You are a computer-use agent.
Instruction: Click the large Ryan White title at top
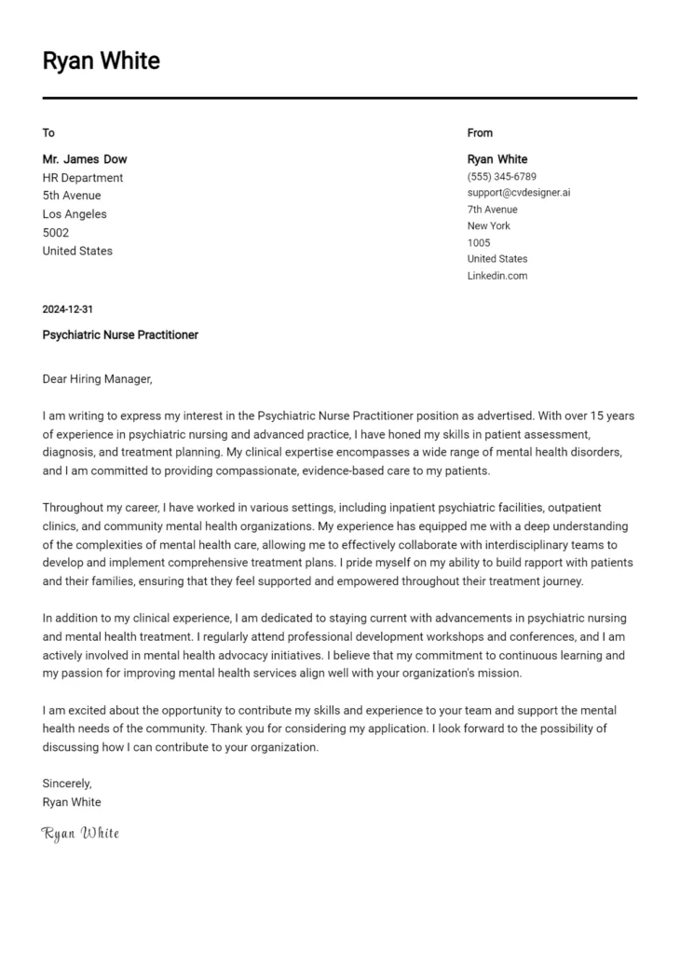click(101, 61)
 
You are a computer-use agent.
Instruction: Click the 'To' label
click(48, 133)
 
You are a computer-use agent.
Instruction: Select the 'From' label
click(480, 133)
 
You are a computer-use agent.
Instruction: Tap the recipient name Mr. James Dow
click(85, 159)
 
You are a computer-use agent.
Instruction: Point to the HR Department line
click(82, 178)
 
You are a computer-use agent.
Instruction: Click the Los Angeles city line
click(75, 214)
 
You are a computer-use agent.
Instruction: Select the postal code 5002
click(56, 233)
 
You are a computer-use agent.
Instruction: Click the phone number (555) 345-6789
click(501, 177)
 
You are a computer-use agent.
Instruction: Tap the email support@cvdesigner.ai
click(518, 193)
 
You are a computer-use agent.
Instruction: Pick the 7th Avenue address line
click(492, 210)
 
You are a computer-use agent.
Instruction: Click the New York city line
click(488, 226)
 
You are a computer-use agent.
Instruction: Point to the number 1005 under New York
click(478, 243)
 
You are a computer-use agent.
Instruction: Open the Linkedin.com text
click(496, 276)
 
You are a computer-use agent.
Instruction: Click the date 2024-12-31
click(67, 309)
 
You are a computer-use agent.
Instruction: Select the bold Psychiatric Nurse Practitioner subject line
click(120, 334)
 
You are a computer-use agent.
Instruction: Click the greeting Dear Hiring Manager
click(96, 379)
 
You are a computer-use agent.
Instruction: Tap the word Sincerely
click(67, 784)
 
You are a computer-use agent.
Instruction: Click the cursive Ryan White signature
click(80, 833)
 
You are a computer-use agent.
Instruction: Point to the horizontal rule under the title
click(339, 98)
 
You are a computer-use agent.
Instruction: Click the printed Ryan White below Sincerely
click(72, 802)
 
